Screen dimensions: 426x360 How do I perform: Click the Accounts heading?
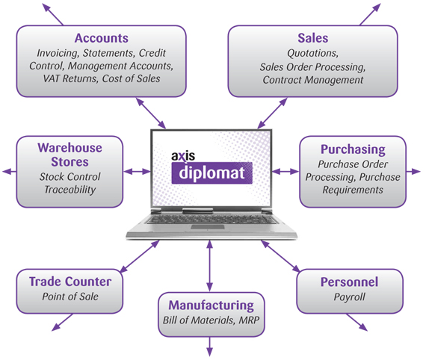click(102, 38)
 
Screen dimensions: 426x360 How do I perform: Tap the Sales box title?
click(313, 38)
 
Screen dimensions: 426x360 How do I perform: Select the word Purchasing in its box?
click(353, 149)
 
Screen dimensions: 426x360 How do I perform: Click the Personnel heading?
click(349, 282)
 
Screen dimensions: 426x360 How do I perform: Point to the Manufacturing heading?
click(212, 305)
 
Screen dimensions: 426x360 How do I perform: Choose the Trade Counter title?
click(70, 282)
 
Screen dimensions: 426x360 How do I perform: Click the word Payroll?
click(349, 297)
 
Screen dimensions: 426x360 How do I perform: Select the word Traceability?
click(70, 190)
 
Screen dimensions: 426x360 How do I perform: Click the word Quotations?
click(312, 53)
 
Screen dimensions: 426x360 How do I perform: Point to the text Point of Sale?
click(70, 297)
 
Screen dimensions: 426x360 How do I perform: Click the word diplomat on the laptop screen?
click(212, 173)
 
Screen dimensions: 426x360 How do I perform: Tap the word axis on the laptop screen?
click(183, 156)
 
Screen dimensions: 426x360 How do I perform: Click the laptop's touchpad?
click(208, 227)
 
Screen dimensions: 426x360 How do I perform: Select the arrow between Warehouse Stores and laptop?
click(137, 172)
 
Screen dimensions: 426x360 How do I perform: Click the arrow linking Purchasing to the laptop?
click(285, 172)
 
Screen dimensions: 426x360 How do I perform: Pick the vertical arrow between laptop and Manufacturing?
click(209, 266)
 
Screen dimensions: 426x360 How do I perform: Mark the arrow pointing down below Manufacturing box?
click(209, 346)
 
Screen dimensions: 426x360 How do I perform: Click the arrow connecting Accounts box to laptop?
click(150, 114)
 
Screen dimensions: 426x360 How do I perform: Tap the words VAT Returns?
click(70, 78)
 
